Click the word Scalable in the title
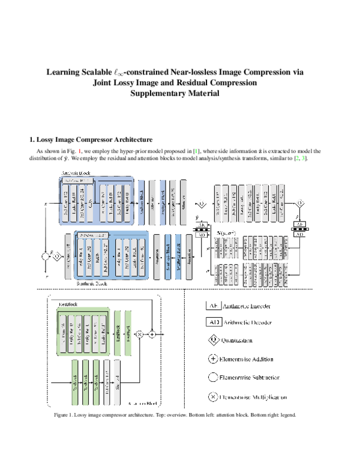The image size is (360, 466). click(x=99, y=72)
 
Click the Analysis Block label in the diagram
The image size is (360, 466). click(x=77, y=173)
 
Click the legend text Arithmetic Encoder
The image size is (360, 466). click(x=246, y=306)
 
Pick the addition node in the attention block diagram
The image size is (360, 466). click(x=152, y=332)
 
